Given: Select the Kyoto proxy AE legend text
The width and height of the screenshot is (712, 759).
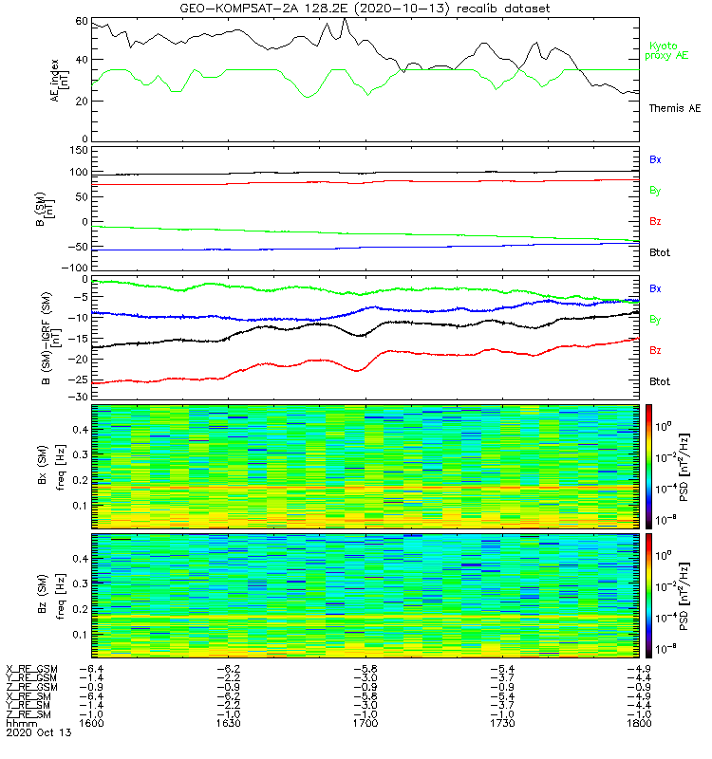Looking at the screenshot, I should [668, 51].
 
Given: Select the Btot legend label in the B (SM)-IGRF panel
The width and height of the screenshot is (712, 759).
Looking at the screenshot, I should [660, 381].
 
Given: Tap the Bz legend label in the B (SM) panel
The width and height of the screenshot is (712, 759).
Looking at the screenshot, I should [655, 221].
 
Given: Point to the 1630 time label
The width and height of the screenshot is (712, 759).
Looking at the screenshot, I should [231, 723].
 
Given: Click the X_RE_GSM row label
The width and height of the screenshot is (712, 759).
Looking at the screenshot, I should [31, 668].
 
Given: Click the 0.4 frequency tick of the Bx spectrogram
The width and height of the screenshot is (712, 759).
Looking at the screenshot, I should [79, 429].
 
